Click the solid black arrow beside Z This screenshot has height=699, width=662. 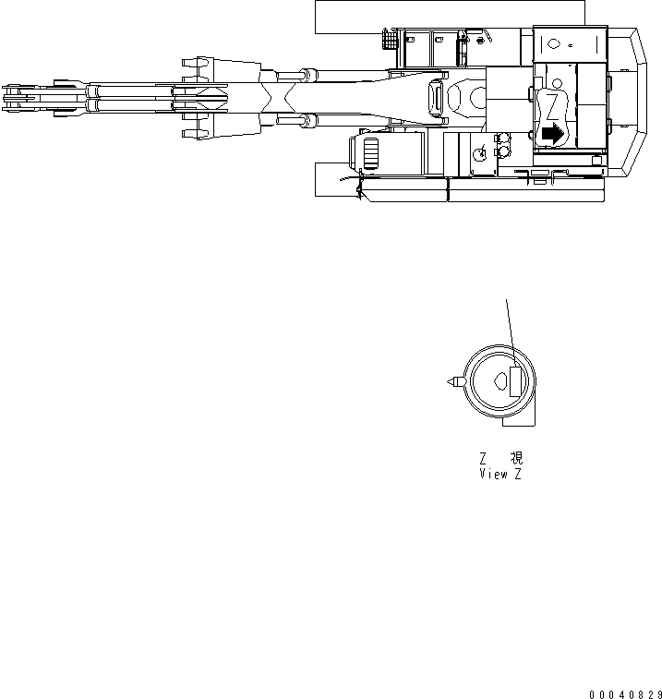[551, 133]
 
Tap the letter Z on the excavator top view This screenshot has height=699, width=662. [551, 104]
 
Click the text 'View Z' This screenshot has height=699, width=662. [500, 475]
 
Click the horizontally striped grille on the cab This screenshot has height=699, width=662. [371, 153]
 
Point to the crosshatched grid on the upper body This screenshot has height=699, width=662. [389, 41]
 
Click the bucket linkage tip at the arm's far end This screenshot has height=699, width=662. [13, 95]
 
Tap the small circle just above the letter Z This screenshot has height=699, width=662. [557, 84]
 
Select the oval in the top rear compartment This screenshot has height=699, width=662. [553, 43]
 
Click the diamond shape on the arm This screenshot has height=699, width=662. [206, 95]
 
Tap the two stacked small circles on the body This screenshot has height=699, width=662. [503, 145]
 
